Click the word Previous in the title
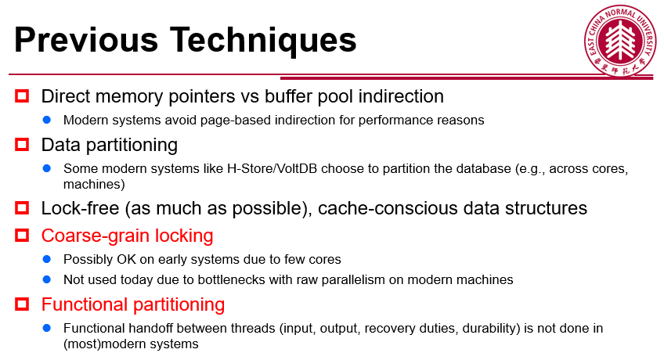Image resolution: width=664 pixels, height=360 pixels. click(x=86, y=40)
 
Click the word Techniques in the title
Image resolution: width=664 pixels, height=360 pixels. click(x=263, y=41)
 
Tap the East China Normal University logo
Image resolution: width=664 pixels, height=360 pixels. click(x=620, y=41)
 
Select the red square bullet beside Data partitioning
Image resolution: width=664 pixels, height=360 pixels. click(x=22, y=145)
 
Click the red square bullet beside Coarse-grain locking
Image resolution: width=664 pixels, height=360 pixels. click(x=22, y=236)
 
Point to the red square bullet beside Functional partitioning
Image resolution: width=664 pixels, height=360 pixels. click(x=22, y=304)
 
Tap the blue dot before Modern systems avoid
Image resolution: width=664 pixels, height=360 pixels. click(x=47, y=121)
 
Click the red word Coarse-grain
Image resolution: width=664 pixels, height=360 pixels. click(x=96, y=236)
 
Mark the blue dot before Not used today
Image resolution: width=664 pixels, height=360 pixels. click(x=47, y=279)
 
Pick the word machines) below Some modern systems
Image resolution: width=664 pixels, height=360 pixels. click(x=94, y=185)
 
